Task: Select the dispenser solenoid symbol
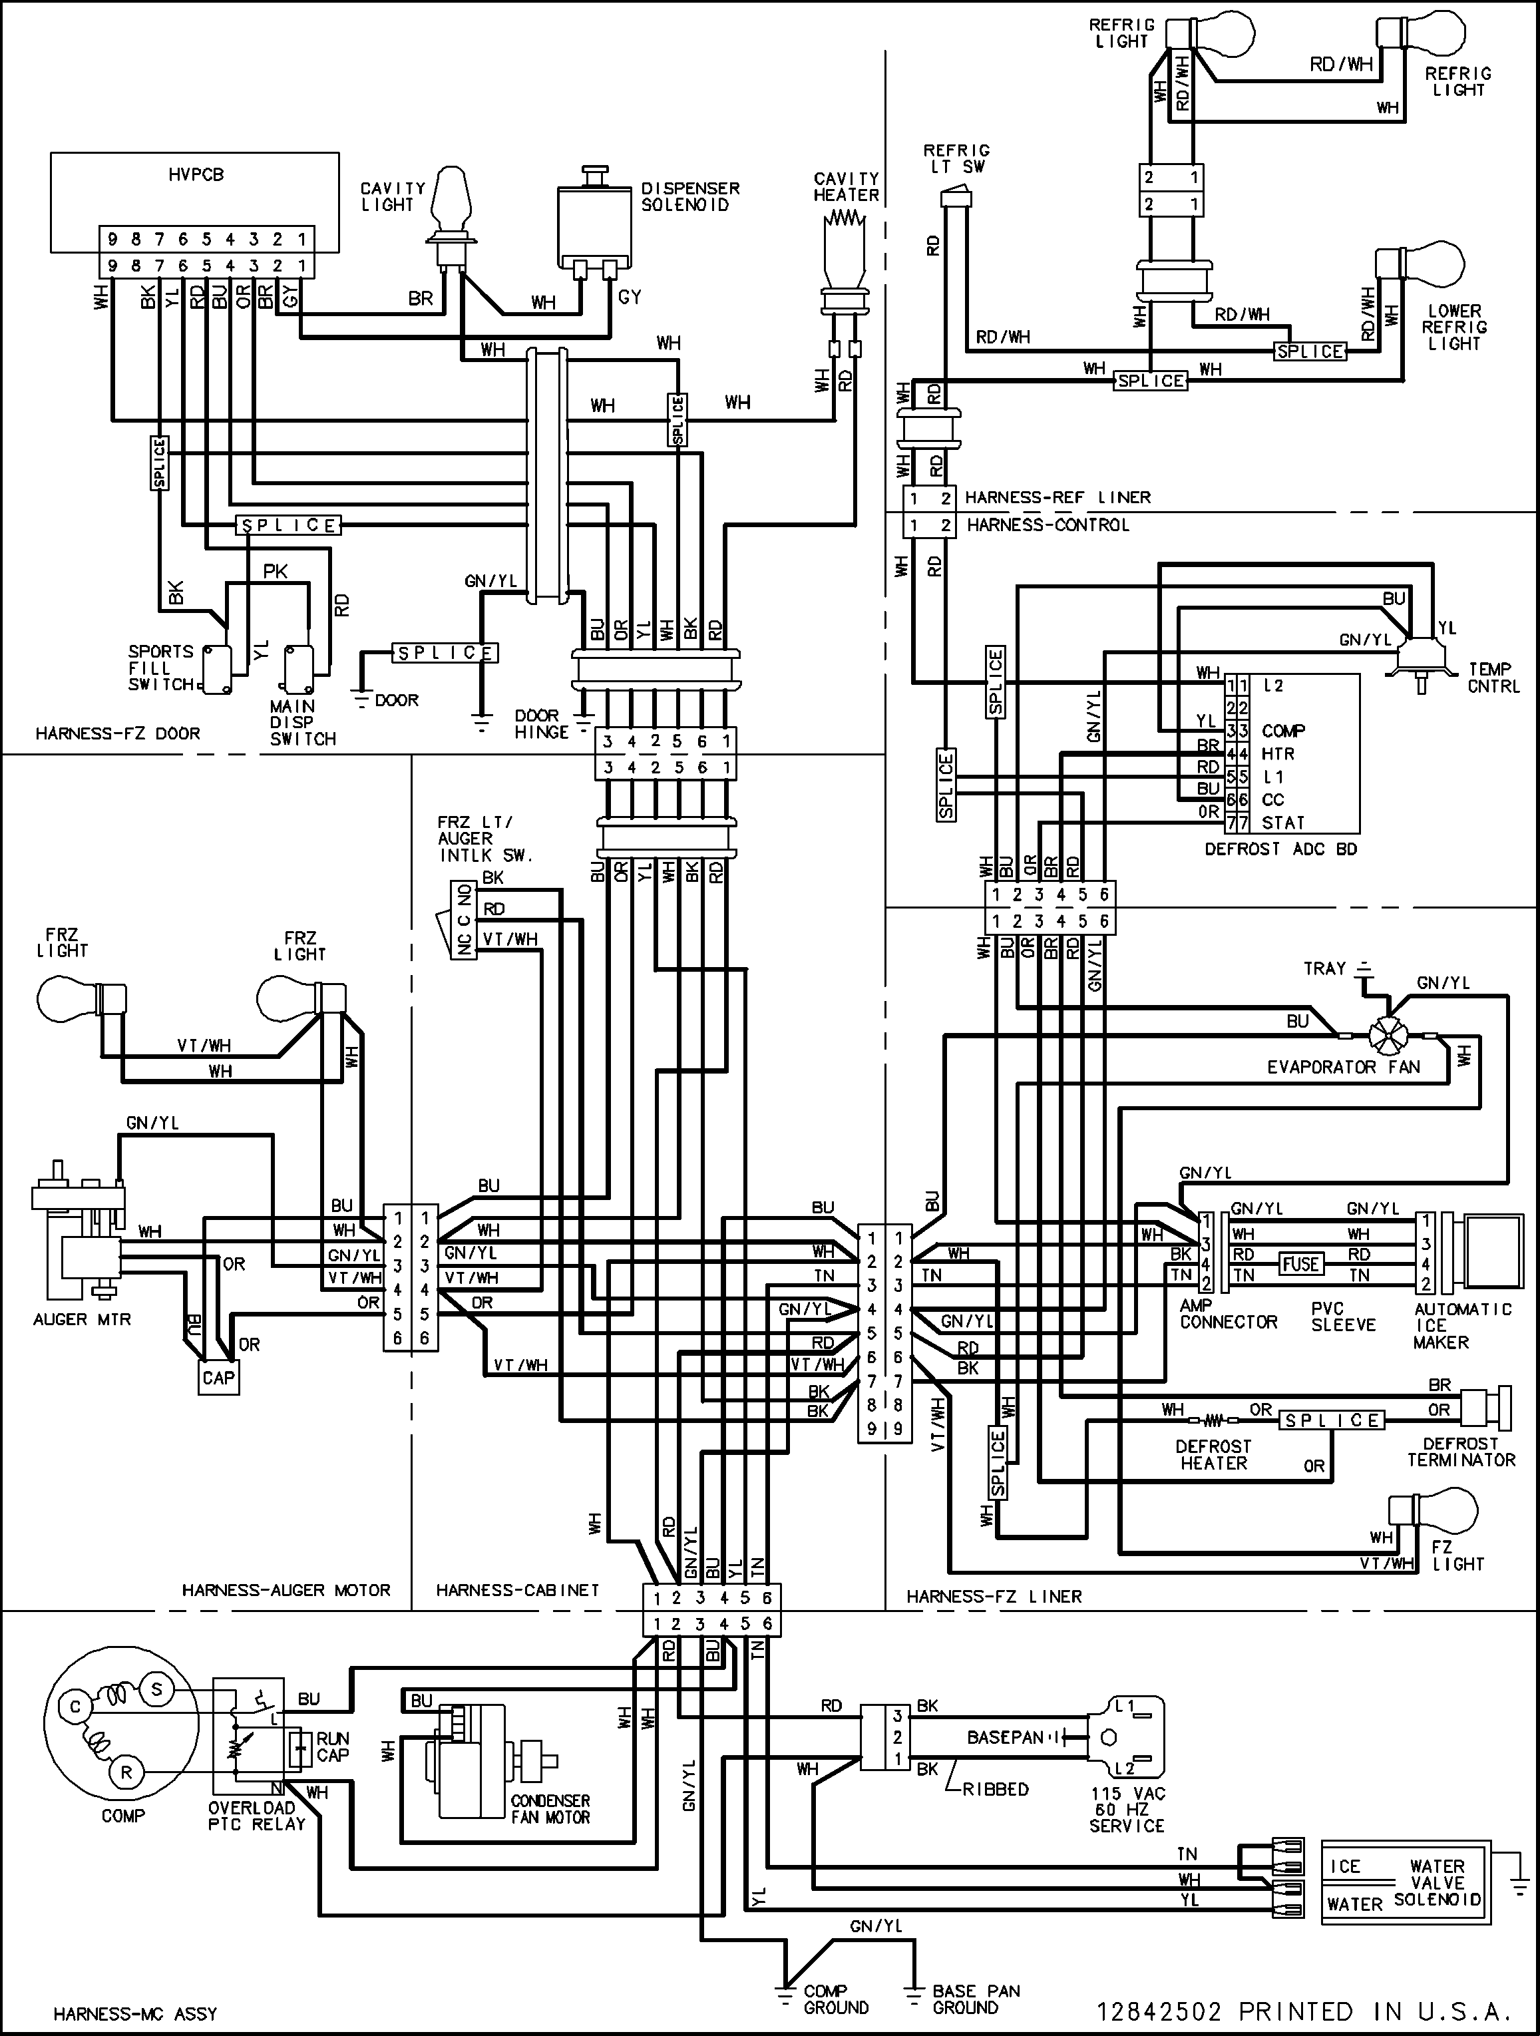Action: pyautogui.click(x=595, y=226)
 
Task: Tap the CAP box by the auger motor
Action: pyautogui.click(x=219, y=1378)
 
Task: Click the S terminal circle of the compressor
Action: pyautogui.click(x=156, y=1689)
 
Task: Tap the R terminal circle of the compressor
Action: pyautogui.click(x=126, y=1772)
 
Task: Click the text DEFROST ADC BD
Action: pyautogui.click(x=1280, y=849)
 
